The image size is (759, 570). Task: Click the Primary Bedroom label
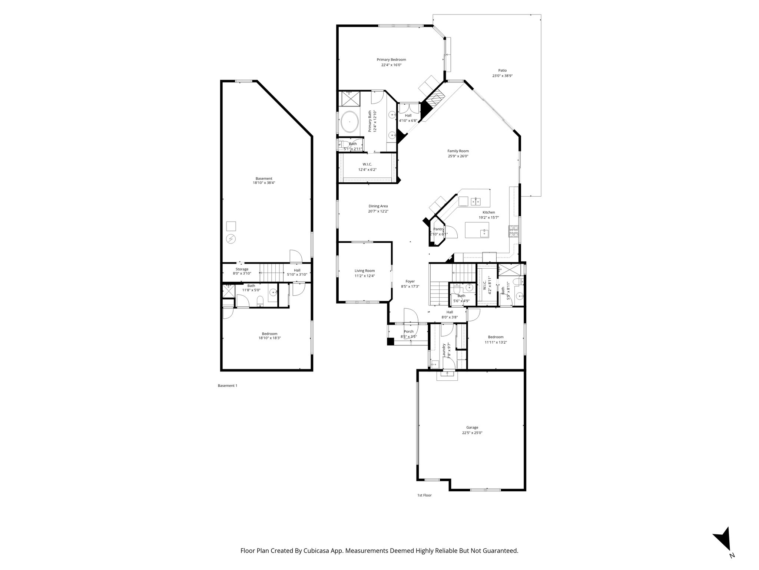point(391,60)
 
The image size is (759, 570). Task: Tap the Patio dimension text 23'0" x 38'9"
point(502,76)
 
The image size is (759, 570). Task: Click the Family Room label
point(458,151)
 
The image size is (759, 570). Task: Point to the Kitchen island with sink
point(477,230)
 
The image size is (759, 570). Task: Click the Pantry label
point(438,229)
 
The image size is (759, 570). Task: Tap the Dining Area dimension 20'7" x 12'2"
point(378,211)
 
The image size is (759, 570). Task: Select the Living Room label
point(364,271)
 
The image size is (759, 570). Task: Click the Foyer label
point(410,281)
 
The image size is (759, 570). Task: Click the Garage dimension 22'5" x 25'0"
point(472,433)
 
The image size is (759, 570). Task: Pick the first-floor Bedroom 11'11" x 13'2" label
point(495,337)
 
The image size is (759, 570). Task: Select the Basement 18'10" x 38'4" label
point(264,178)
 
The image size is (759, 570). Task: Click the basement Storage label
point(242,269)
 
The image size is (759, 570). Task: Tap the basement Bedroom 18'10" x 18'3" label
point(269,334)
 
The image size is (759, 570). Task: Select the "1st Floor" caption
point(424,495)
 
